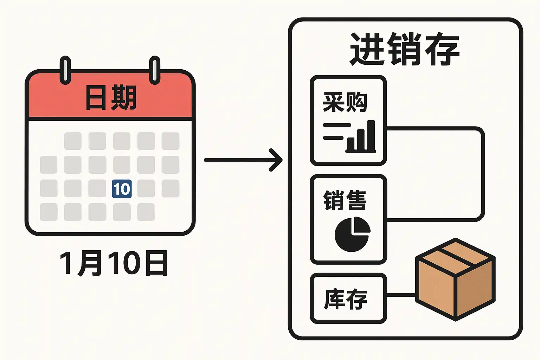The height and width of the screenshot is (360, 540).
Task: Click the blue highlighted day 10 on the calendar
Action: [x=122, y=188]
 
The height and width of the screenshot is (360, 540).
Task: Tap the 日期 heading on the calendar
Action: [x=111, y=98]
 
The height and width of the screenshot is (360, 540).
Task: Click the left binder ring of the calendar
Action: [x=65, y=70]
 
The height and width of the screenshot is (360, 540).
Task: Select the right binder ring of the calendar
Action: [x=155, y=70]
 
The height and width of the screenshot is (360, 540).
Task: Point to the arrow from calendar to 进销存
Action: [x=243, y=160]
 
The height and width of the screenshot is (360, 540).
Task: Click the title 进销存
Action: [x=405, y=49]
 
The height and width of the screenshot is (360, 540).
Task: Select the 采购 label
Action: [x=345, y=102]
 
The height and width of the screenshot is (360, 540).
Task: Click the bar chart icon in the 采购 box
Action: [x=349, y=137]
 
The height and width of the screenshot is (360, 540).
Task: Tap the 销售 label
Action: [x=345, y=200]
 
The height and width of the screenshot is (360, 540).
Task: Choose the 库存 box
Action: [x=348, y=298]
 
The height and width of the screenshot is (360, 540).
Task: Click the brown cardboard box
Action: [x=455, y=279]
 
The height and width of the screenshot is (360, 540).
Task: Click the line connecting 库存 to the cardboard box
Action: [x=401, y=295]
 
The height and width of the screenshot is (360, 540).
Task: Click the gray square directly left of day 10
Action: [x=97, y=188]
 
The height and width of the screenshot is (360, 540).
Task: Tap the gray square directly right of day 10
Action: [x=146, y=188]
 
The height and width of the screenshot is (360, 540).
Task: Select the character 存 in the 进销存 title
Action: [x=442, y=49]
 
